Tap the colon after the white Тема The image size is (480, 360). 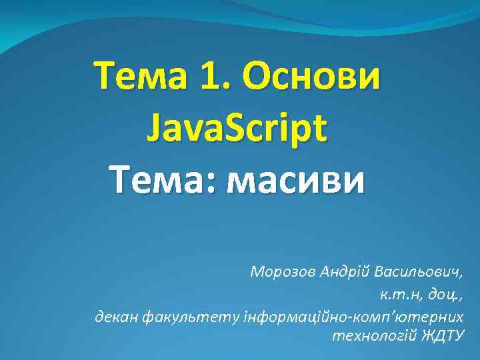pyautogui.click(x=215, y=180)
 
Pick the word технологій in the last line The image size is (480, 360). pyautogui.click(x=374, y=335)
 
